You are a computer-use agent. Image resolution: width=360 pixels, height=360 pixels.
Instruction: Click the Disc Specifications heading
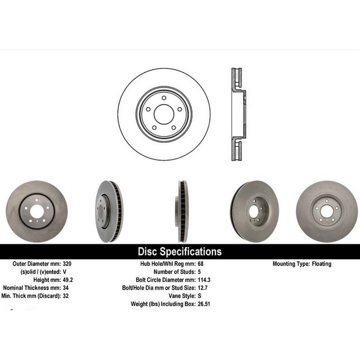(180, 252)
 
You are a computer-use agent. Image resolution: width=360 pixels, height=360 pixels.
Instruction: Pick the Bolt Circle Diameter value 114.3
(204, 280)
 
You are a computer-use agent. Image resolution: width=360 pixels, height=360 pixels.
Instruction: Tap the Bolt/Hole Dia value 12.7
(203, 288)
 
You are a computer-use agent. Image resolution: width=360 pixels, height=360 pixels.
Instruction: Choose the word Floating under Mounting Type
(322, 264)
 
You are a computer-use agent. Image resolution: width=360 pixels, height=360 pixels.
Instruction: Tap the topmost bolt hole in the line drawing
(164, 99)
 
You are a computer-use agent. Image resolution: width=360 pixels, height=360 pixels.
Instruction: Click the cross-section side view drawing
(237, 115)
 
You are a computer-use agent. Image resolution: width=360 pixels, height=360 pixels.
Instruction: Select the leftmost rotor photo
(36, 211)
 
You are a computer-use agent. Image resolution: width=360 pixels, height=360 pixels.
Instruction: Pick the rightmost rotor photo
(326, 211)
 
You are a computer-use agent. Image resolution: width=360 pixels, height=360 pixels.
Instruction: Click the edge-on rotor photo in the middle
(182, 211)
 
